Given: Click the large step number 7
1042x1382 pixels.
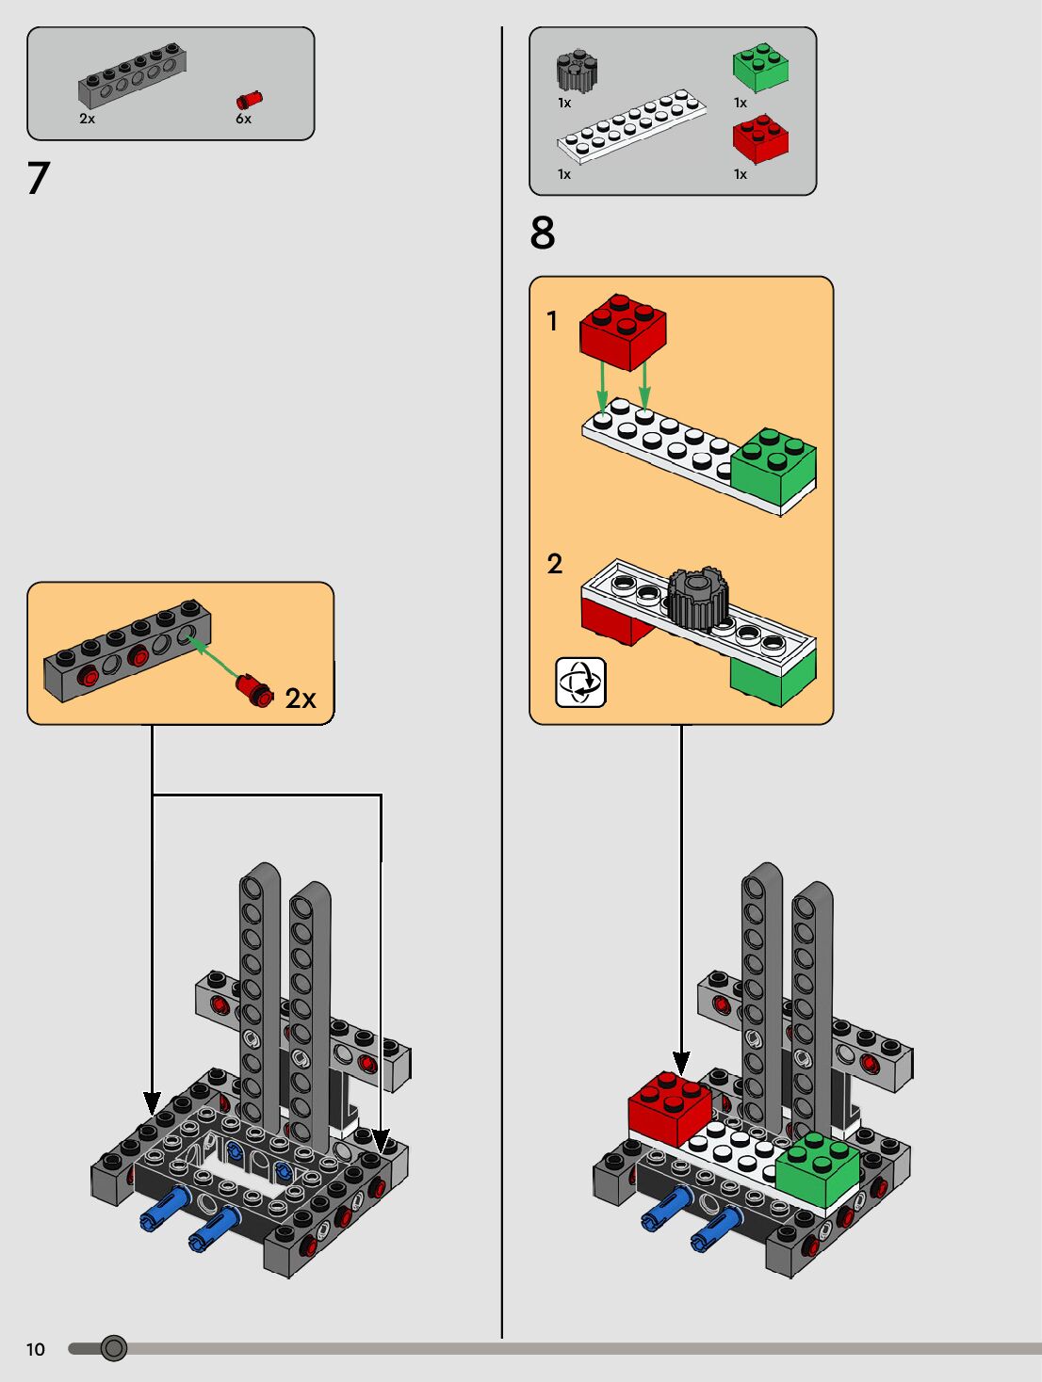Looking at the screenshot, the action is click(39, 178).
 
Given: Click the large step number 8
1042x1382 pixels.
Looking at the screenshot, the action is click(543, 233).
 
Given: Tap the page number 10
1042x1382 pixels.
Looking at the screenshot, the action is click(35, 1349).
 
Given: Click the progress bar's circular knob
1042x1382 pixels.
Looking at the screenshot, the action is click(113, 1348).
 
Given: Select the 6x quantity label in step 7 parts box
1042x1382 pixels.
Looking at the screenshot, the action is click(243, 119).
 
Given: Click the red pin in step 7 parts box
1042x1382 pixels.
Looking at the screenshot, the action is click(250, 100).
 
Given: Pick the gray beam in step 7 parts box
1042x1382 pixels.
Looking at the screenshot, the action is click(132, 75).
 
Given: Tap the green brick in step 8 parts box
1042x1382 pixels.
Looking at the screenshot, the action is click(760, 68).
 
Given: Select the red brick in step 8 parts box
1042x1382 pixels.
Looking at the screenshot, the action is click(760, 138).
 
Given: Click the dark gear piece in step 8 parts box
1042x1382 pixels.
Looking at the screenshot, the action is click(577, 70).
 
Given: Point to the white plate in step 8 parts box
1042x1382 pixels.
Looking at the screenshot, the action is click(631, 126).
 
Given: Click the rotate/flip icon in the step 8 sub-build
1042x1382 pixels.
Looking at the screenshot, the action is click(580, 683).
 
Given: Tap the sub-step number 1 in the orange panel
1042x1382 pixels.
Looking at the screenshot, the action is click(552, 321).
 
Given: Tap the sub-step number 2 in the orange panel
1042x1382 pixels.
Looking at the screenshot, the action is click(554, 564).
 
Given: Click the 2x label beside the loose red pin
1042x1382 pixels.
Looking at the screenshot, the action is click(301, 699).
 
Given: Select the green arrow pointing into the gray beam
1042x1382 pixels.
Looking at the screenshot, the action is click(213, 657).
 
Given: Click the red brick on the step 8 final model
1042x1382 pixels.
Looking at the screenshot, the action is click(670, 1109).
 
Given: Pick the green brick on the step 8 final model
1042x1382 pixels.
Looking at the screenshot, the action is click(818, 1170).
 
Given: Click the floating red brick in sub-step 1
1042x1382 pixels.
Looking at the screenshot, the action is click(623, 331).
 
